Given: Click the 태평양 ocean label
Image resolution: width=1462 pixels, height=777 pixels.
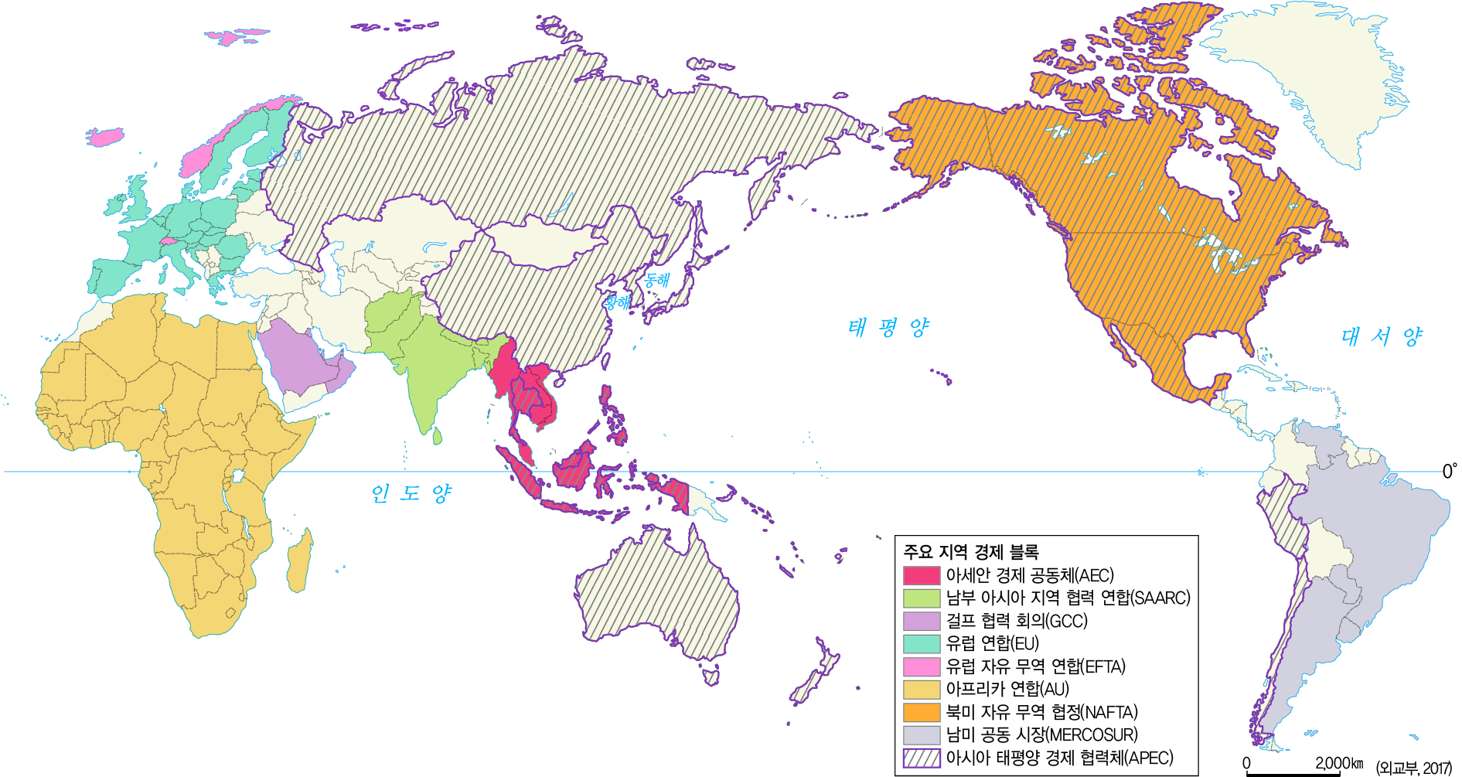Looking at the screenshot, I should coord(888,328).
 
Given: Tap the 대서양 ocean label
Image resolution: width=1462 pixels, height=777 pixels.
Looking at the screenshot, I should coord(1381,336).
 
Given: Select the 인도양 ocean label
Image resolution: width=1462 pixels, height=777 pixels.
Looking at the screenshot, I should coord(411,493).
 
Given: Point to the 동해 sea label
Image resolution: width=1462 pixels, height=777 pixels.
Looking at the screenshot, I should coord(657,280).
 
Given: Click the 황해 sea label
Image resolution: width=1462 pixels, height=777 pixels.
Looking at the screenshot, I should coord(617,302).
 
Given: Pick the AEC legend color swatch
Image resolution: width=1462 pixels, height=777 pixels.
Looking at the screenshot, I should coord(922,576).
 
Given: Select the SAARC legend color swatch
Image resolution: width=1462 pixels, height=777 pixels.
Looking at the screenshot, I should coord(922,598).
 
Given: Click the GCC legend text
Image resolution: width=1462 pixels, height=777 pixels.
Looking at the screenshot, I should coord(1017,621).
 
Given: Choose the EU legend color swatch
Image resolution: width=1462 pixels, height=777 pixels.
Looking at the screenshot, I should coord(922,644).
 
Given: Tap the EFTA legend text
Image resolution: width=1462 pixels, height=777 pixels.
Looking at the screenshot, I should coord(1035,666).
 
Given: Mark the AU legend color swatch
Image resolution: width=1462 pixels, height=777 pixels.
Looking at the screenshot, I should coord(922,690).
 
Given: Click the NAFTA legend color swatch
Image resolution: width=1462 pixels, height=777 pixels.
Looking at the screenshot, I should coord(922,712).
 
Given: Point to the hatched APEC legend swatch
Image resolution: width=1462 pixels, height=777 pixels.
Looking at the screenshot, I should coord(922,758).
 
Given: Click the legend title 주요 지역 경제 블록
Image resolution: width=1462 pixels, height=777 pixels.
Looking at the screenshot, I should coord(971,552).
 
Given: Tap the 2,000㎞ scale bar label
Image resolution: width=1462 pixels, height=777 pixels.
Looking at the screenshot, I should coord(1339,763).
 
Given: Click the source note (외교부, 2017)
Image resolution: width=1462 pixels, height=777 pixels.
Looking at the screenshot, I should coord(1414,768).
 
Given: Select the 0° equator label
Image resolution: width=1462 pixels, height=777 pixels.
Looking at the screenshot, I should coord(1450,471).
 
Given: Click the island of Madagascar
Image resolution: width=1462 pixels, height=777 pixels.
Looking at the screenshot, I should coord(300,558).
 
